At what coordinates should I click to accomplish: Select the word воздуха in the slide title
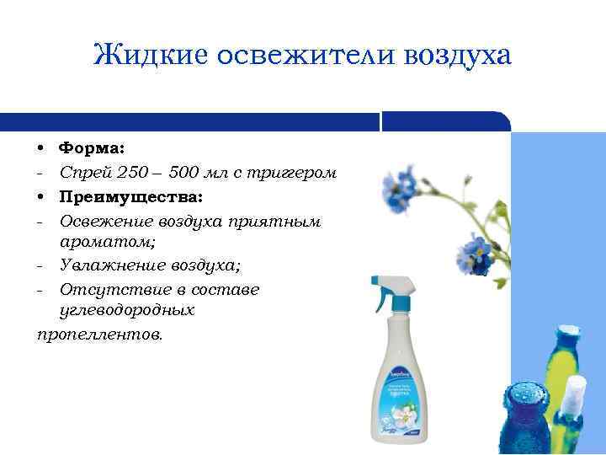click(x=458, y=56)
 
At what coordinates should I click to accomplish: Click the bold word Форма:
click(x=93, y=148)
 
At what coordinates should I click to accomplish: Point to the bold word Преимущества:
click(x=130, y=196)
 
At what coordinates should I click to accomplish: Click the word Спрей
click(x=86, y=173)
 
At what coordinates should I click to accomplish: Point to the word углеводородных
click(x=127, y=310)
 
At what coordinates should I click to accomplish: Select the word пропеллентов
click(x=100, y=335)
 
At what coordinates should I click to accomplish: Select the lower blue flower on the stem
click(x=473, y=250)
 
